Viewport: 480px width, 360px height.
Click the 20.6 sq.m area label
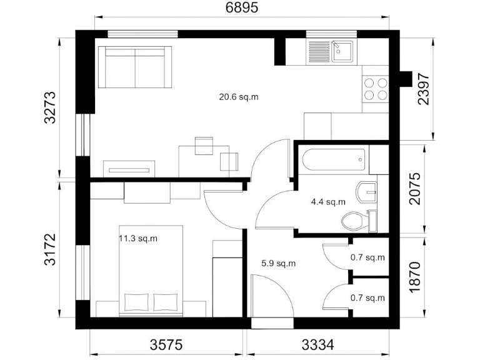pos(238,97)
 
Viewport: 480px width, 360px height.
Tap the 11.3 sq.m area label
pos(138,238)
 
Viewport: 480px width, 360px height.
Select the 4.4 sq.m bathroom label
pos(328,202)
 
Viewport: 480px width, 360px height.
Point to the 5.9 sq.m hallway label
pos(278,263)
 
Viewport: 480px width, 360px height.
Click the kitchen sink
pos(330,51)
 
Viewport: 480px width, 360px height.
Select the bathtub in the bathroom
pos(332,159)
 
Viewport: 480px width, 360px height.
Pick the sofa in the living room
pos(136,66)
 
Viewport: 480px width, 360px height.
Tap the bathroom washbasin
pos(366,191)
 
